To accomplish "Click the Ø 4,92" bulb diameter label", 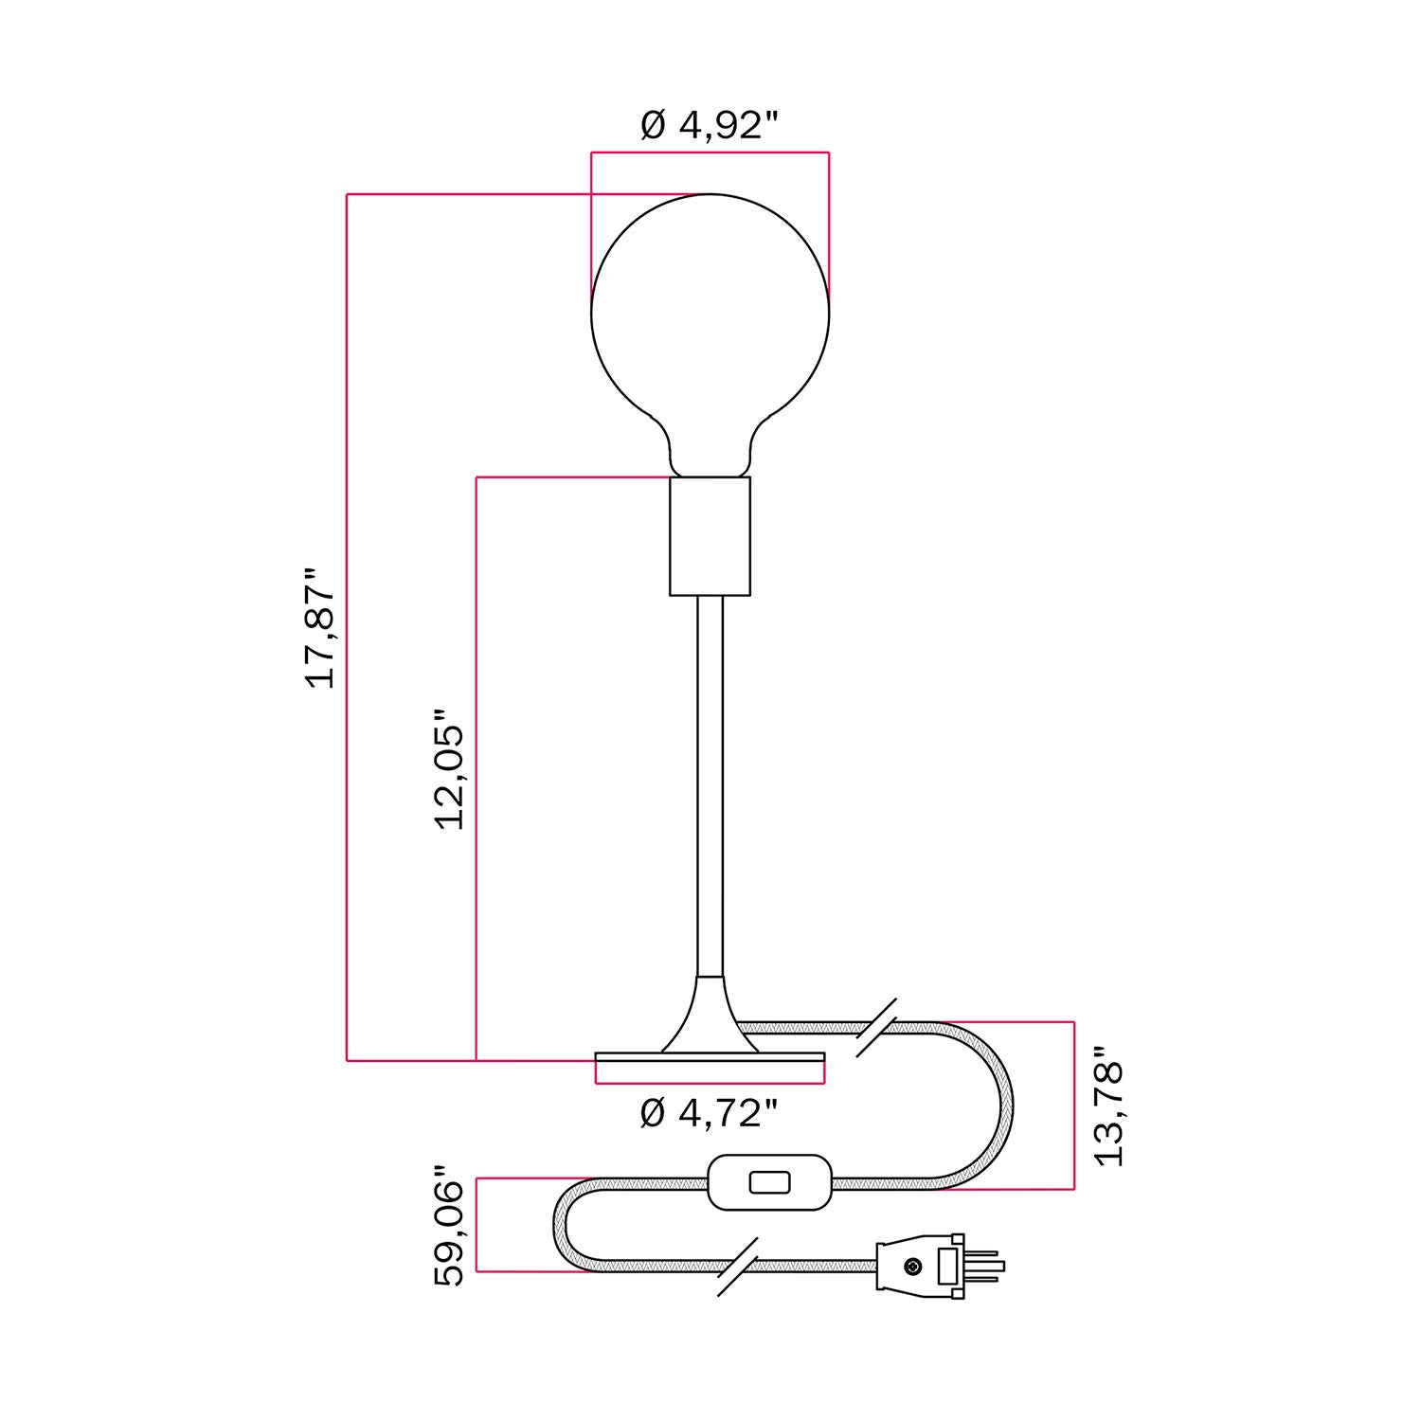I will point(710,125).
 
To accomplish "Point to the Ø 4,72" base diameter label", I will point(710,1113).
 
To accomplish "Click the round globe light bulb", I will point(710,322).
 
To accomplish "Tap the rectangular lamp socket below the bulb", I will point(710,536).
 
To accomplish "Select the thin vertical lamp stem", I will point(710,786).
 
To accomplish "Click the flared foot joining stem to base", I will point(710,1023).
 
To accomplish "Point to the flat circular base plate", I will point(710,1062).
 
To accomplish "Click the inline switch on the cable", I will point(768,1182).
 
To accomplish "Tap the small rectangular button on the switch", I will point(768,1182).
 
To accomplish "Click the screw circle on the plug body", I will point(911,1267).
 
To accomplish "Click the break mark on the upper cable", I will point(877,1027).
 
